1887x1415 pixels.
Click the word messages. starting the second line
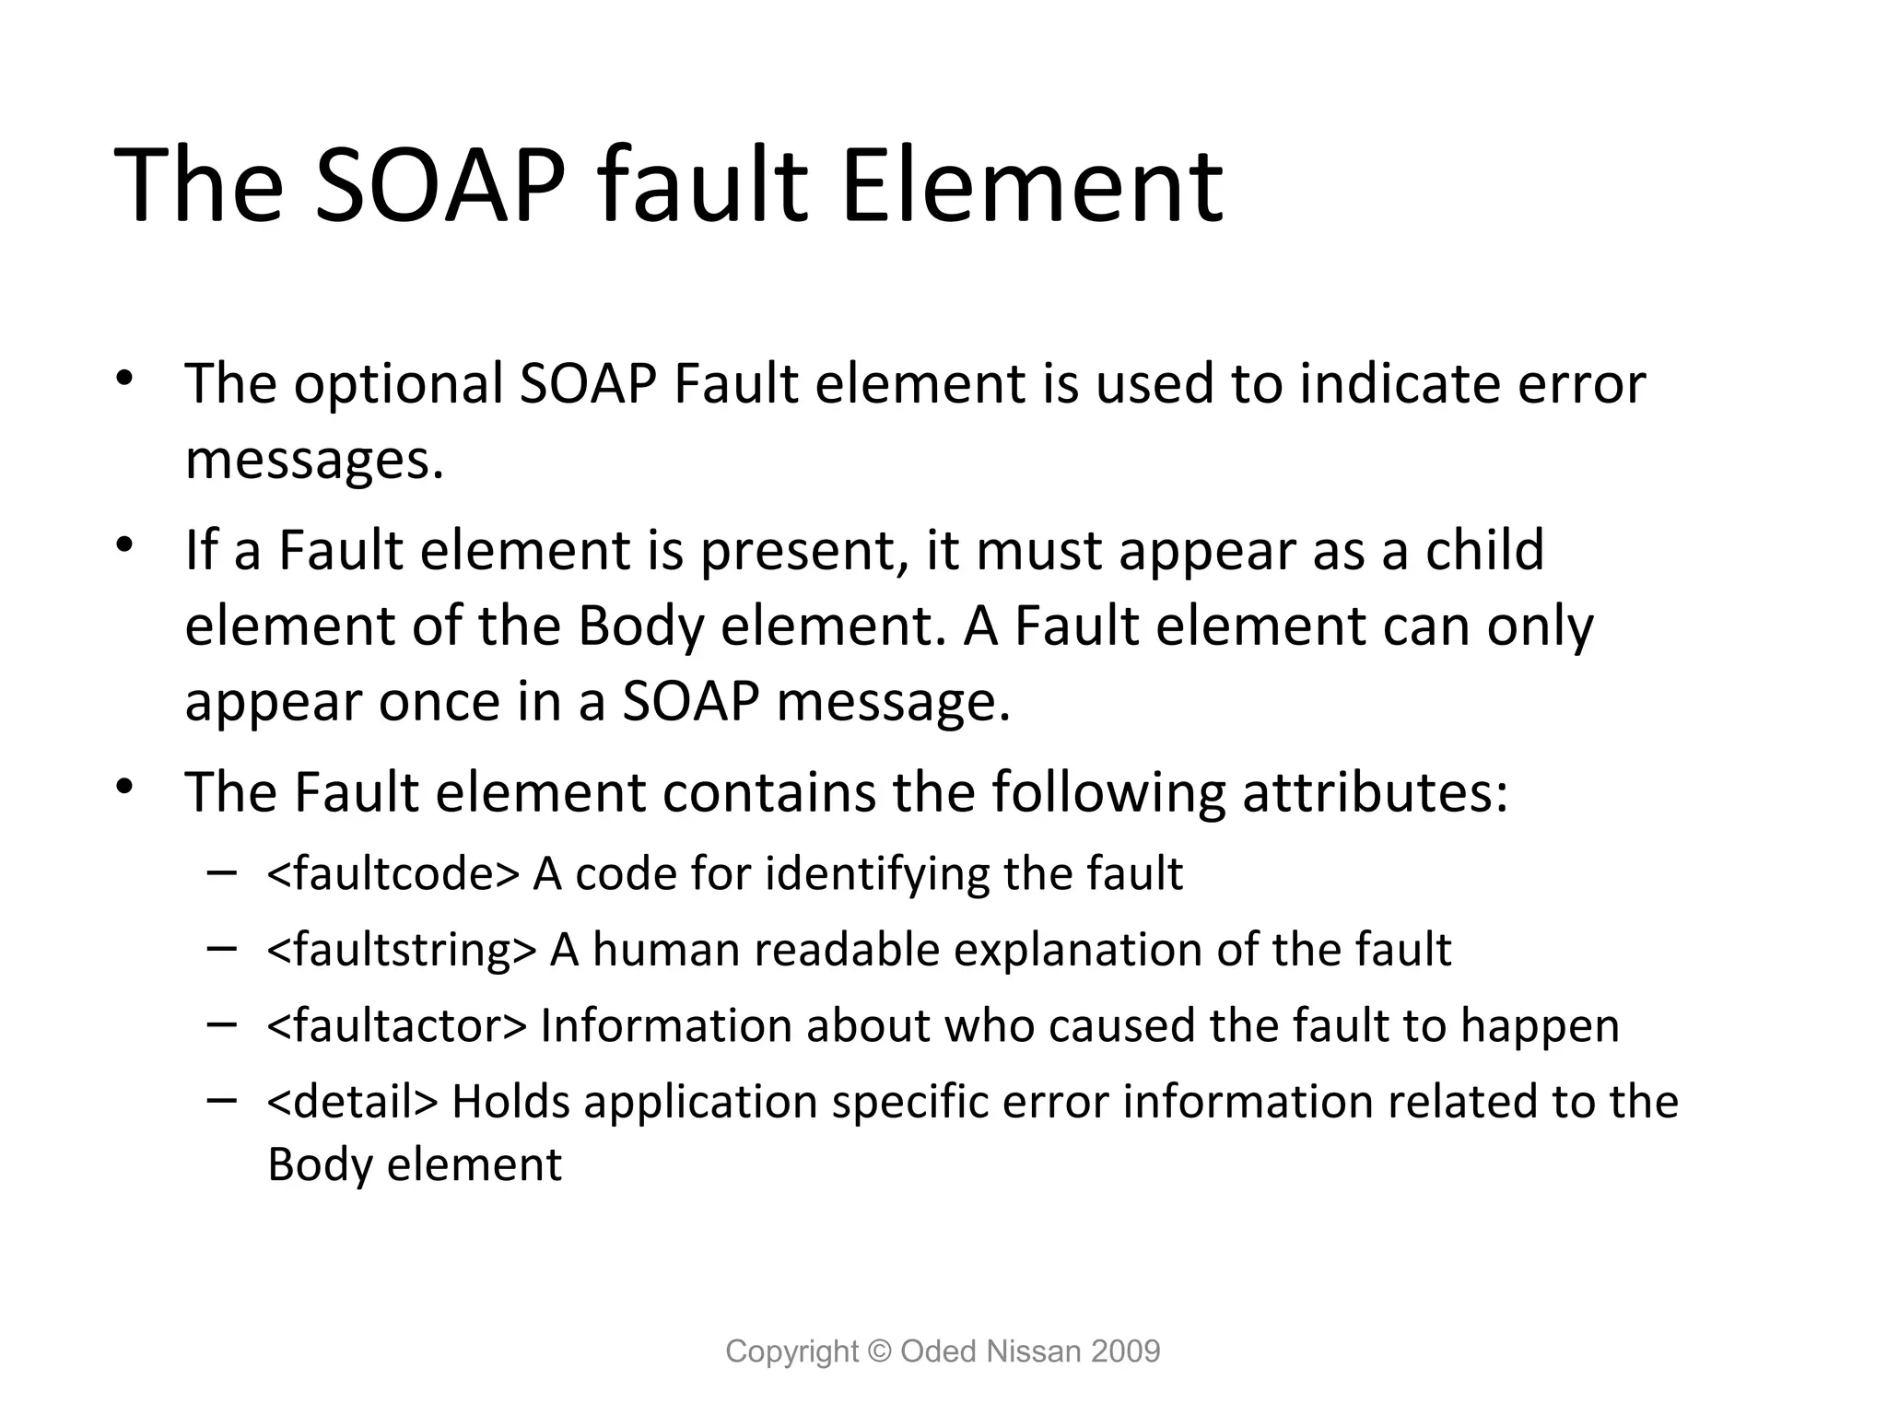pos(314,460)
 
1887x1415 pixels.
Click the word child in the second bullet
pos(1484,550)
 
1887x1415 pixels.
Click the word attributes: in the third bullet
pos(1375,792)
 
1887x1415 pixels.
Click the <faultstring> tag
pos(401,950)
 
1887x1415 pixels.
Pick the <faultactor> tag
pos(397,1025)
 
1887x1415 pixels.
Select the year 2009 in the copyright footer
pos(1125,1351)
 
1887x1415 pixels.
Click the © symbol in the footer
pos(880,1351)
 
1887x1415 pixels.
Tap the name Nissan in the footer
pos(1029,1351)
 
